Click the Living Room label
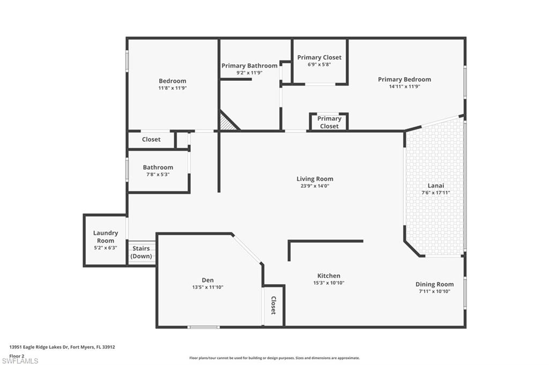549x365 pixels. point(315,179)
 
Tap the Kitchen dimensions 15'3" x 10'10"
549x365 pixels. point(328,283)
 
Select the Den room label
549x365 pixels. point(207,280)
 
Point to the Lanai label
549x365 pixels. point(435,186)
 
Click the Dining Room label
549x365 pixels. point(434,284)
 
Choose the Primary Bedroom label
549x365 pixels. point(404,79)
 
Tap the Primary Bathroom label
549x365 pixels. point(249,66)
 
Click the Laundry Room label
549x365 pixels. point(105,237)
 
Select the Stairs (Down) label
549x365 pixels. point(141,252)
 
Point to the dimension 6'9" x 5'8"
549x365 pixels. point(319,64)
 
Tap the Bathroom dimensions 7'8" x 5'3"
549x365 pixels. point(158,174)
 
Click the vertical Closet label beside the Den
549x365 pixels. point(273,305)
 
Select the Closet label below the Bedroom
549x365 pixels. point(151,139)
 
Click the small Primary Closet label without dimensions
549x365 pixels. point(329,122)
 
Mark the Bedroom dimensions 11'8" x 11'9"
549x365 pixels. point(172,88)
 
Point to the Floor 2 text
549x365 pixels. point(17,355)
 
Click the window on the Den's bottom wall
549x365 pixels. point(203,326)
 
